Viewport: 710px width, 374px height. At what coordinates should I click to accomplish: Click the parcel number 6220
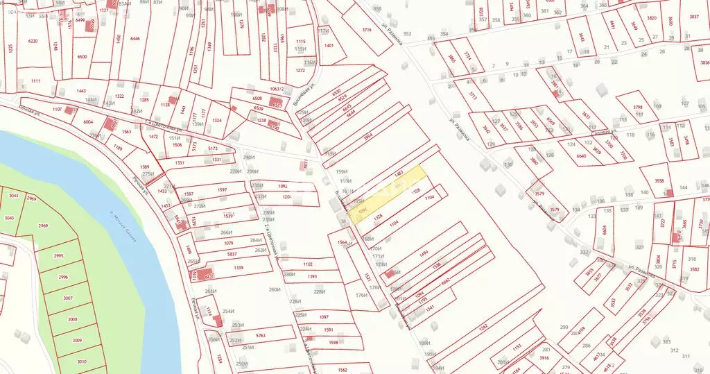[33, 42]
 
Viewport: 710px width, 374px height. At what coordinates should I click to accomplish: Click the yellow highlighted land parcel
[388, 193]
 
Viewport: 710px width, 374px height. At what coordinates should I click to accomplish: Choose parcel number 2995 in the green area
[58, 256]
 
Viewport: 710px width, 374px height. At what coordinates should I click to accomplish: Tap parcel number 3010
[82, 362]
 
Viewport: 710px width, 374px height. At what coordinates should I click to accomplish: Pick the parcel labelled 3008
[72, 320]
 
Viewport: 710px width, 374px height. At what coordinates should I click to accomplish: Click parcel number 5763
[261, 335]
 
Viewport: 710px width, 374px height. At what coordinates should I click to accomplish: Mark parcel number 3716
[367, 30]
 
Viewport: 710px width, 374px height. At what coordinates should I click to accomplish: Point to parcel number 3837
[694, 17]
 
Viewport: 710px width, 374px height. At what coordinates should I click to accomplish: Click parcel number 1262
[483, 326]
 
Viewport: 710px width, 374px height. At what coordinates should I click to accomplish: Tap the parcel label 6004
[88, 122]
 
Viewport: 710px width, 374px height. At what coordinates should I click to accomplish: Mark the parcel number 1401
[329, 46]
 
